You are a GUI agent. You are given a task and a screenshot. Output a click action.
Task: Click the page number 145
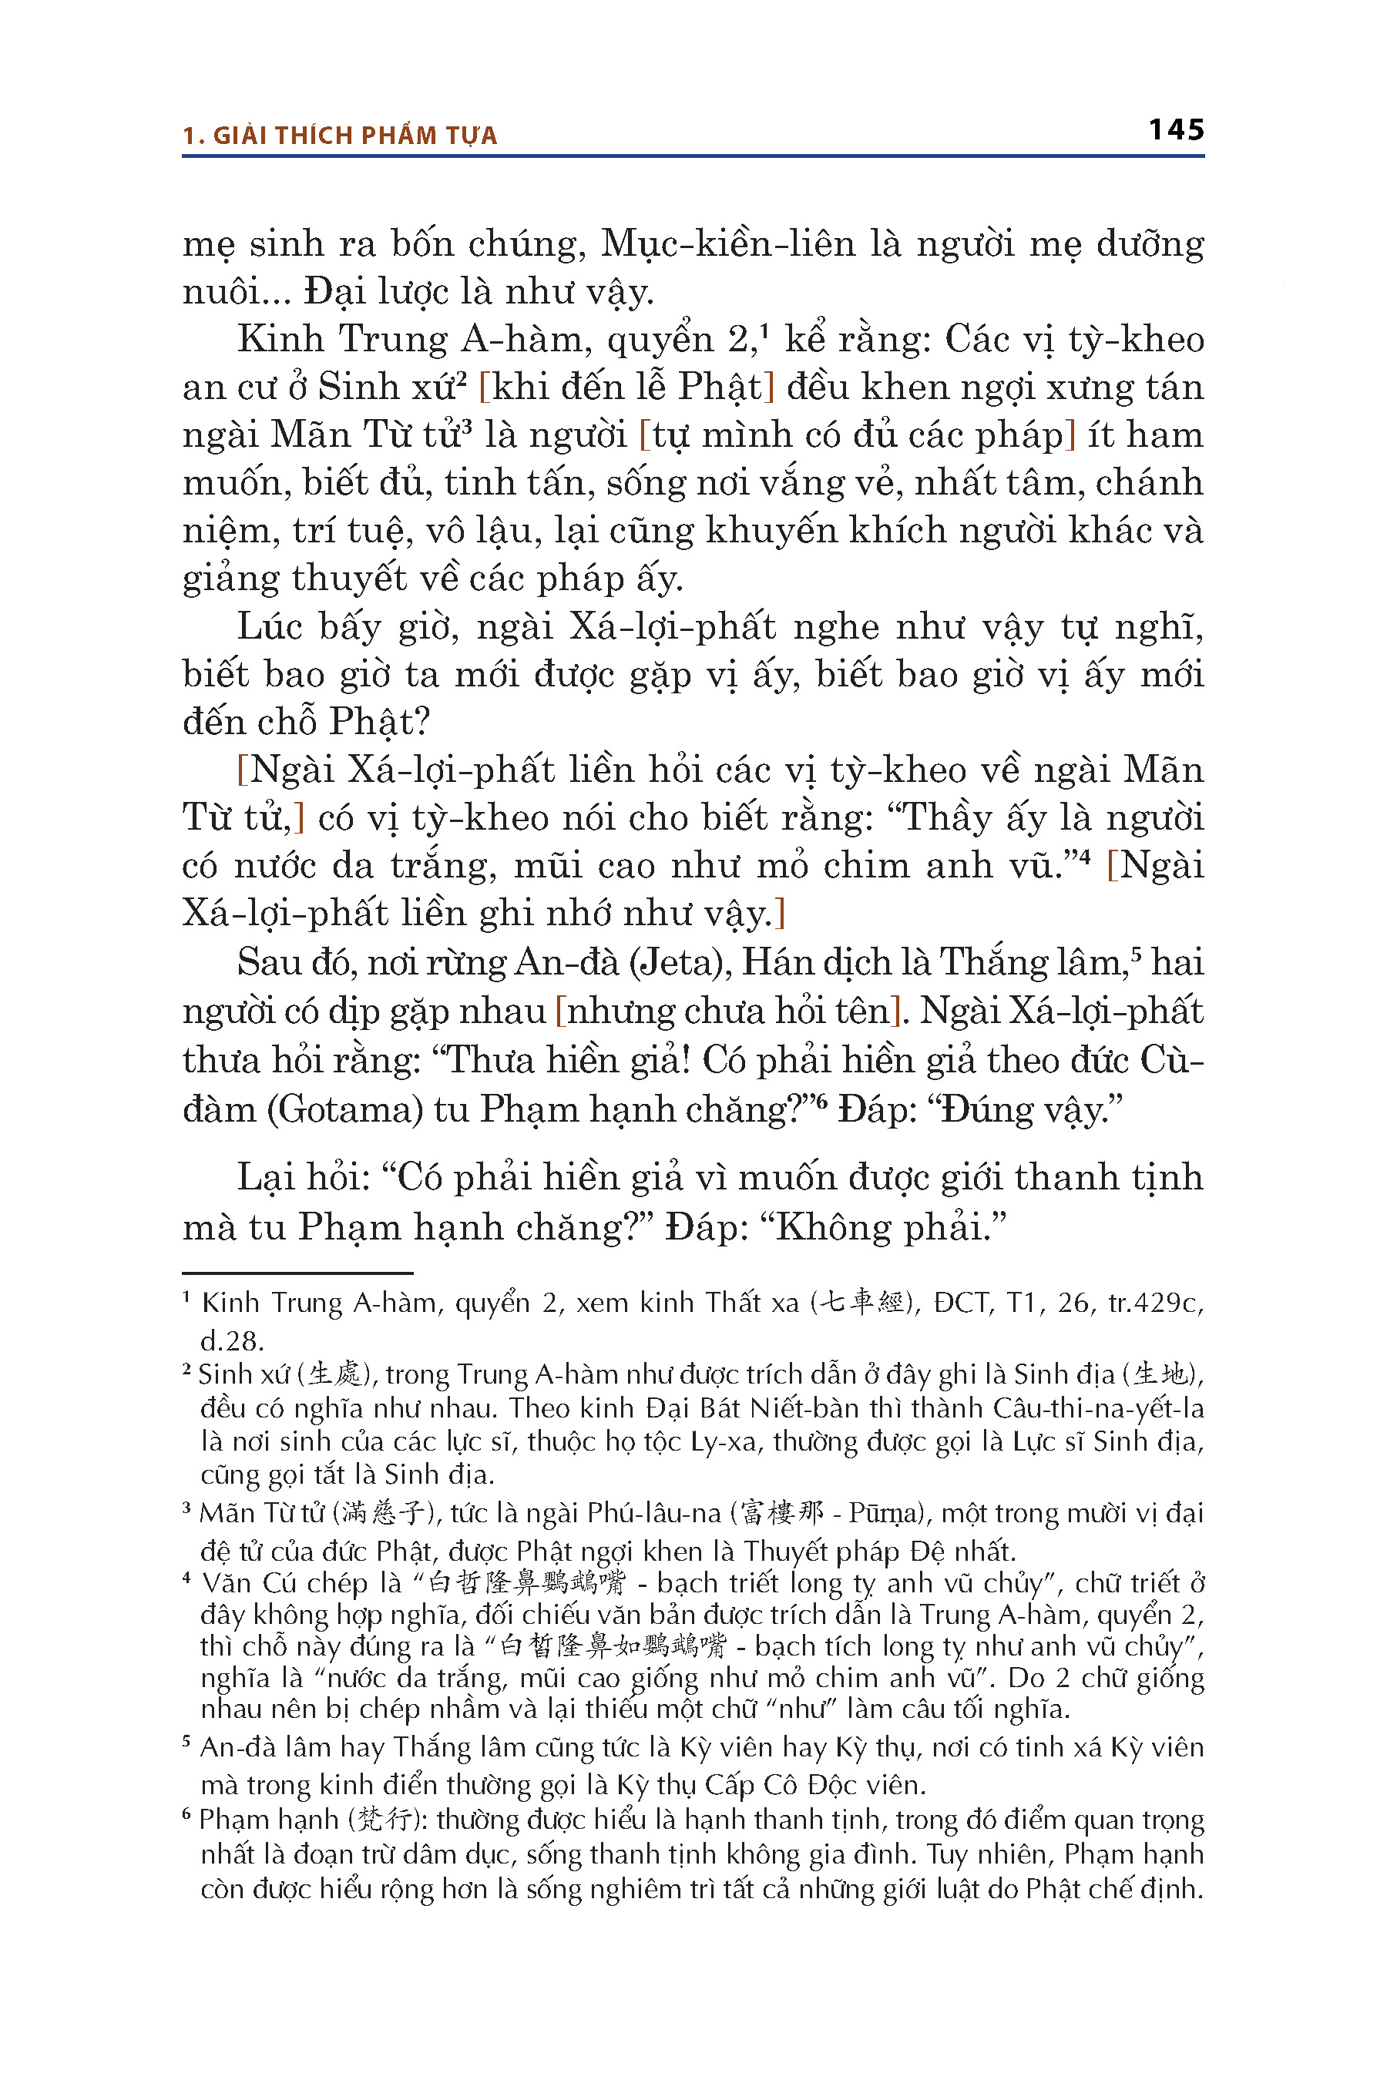(1176, 130)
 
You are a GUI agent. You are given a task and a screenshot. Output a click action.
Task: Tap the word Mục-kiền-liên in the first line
(728, 244)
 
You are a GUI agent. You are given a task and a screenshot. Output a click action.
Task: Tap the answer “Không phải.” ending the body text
(884, 1227)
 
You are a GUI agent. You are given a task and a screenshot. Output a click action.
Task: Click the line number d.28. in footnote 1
(232, 1340)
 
